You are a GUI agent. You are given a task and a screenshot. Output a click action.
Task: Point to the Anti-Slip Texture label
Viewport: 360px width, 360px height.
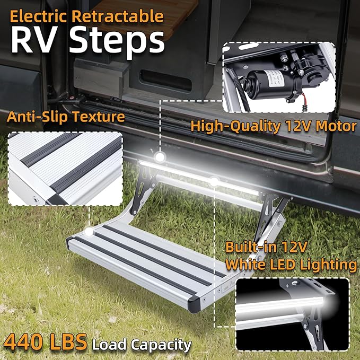pos(66,117)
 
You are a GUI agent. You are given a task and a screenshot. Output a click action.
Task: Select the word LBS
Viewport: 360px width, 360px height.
pos(69,343)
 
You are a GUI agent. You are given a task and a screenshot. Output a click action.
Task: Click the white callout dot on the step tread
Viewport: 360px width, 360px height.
pos(89,231)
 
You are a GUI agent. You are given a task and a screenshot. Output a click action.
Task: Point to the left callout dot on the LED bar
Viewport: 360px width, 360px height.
pos(159,157)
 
